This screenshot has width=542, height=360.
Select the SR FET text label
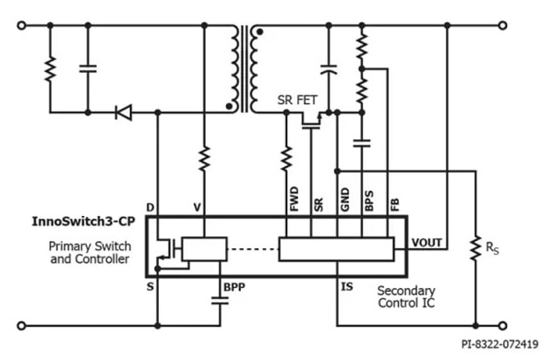(x=300, y=99)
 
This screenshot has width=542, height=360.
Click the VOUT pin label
(x=428, y=244)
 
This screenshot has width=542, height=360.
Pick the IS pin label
(x=346, y=288)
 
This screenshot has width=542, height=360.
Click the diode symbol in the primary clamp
(x=123, y=113)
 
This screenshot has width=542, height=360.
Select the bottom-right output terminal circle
(x=527, y=325)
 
